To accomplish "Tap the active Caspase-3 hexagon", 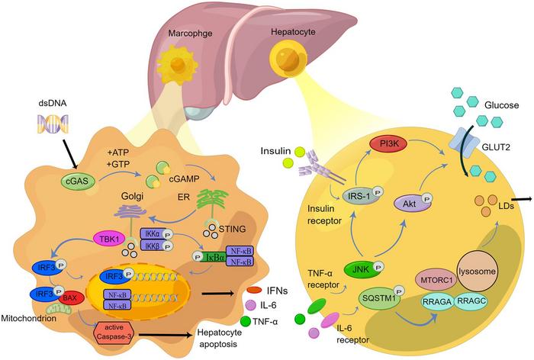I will pos(113,333).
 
